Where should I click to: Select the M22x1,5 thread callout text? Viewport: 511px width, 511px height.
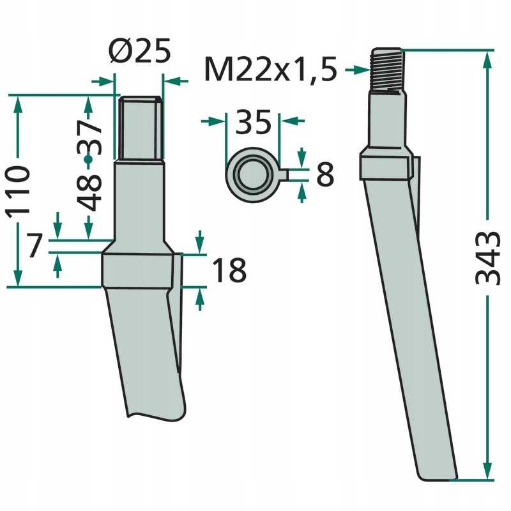coord(270,70)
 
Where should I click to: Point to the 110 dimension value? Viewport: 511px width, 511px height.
coord(19,191)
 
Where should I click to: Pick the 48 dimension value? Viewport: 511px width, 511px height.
coord(89,192)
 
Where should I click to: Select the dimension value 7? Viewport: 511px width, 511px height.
coord(36,246)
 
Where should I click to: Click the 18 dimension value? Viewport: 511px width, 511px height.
coord(228,271)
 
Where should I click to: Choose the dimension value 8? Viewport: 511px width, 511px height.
coord(324,174)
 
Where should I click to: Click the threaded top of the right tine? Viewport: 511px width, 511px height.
coord(387,70)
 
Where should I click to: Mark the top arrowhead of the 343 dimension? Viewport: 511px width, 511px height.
coord(487,59)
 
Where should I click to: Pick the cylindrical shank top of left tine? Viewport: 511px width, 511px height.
coord(141,128)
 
